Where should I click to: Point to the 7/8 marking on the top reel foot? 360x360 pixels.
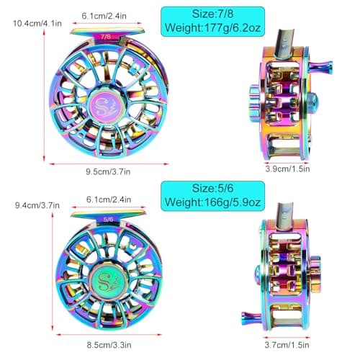(106, 35)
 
